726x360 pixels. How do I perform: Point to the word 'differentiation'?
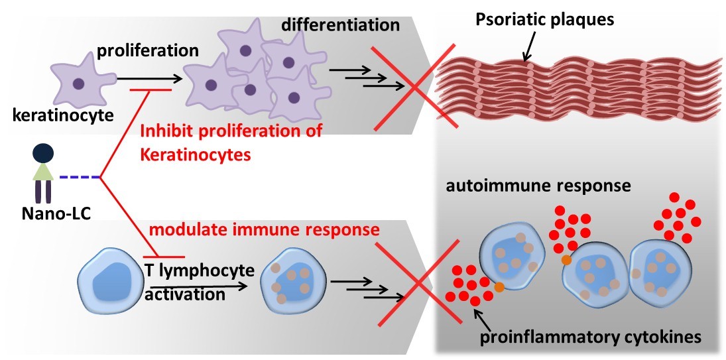tap(340, 26)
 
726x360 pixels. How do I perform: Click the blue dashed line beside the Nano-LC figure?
tap(80, 177)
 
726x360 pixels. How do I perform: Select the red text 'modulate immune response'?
tap(263, 230)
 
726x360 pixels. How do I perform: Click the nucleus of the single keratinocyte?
tap(78, 84)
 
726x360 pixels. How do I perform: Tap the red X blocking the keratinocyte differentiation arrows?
tap(415, 86)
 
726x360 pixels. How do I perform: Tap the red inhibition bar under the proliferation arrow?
tap(151, 90)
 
